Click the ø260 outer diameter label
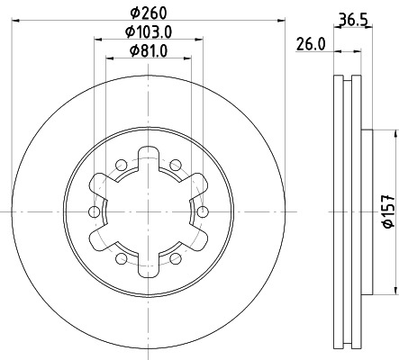coord(149,13)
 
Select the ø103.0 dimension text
coord(149,32)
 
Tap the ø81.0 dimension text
coord(149,51)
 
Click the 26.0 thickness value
coord(310,42)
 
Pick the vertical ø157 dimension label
coord(387,212)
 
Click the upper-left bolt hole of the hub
coord(121,164)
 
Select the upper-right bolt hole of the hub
coord(177,164)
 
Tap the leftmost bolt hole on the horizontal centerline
coord(94,211)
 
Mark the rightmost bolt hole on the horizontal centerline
coord(203,211)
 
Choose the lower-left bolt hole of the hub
coord(121,259)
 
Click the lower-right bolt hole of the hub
coord(177,259)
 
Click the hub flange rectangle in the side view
coord(367,212)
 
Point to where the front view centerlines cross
coord(149,211)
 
